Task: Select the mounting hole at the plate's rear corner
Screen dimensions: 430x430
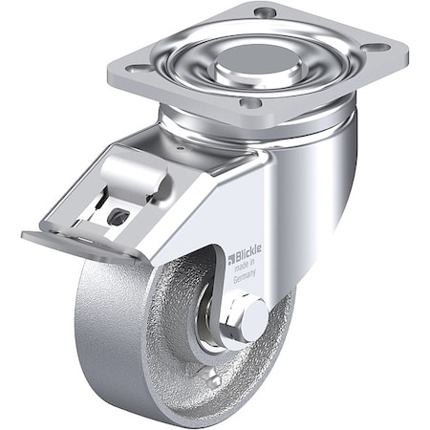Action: tap(265, 11)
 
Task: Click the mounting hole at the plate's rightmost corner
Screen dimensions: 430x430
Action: tap(377, 45)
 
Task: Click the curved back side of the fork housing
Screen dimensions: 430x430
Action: tap(334, 191)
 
